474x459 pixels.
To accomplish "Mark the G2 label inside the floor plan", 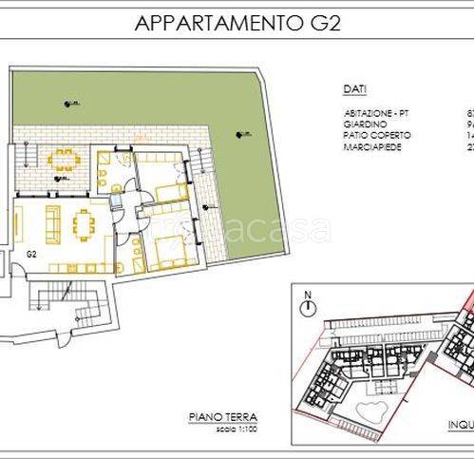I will click(31, 254).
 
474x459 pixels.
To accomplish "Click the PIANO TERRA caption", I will click(222, 443).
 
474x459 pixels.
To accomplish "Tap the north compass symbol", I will click(307, 306).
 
